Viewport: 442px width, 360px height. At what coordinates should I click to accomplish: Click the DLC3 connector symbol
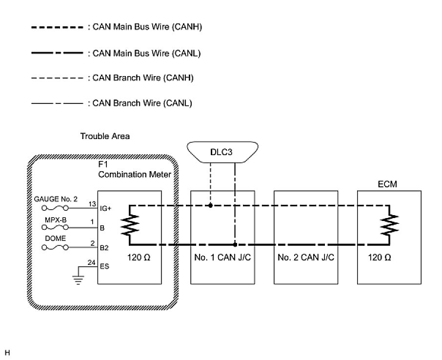coord(222,152)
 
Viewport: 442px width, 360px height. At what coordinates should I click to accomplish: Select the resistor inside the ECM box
coord(390,225)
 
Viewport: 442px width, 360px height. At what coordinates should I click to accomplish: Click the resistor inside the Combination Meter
coord(130,225)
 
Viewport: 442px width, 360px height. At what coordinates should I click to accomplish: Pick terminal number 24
coord(91,263)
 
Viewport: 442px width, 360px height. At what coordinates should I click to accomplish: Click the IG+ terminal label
coord(105,207)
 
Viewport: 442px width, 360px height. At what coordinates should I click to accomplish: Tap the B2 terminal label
coord(104,248)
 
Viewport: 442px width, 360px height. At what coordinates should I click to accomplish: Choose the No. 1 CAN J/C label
coord(222,258)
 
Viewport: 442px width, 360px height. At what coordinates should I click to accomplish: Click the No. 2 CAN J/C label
coord(306,258)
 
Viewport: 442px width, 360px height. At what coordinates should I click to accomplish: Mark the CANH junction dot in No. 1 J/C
coord(210,205)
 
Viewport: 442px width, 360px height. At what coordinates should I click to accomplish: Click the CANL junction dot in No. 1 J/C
coord(235,244)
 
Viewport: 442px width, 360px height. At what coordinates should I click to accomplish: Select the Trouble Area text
coord(105,137)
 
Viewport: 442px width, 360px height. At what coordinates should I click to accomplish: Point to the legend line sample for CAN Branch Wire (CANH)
coord(57,78)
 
